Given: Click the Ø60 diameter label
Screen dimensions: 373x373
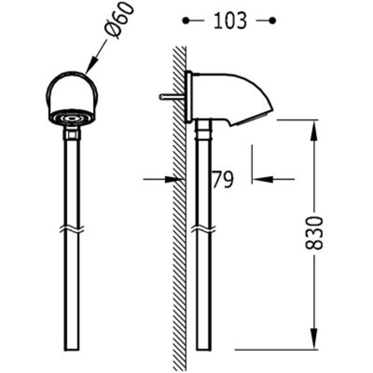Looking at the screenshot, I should coord(120,21).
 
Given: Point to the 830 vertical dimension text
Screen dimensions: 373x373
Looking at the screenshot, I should coord(314,233).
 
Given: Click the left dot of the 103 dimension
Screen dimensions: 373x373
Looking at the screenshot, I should coord(186,20).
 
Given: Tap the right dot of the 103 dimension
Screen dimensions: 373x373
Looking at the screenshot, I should coord(272,20).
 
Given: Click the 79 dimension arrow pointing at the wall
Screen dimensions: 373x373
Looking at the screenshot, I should coord(174,179).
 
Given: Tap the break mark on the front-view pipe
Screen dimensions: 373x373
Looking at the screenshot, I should coord(72,228).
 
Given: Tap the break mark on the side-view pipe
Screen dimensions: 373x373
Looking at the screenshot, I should coord(203,228).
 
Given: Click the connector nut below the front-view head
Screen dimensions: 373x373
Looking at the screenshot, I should coord(72,133).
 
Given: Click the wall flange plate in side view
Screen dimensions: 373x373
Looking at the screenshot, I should coord(189,97).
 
